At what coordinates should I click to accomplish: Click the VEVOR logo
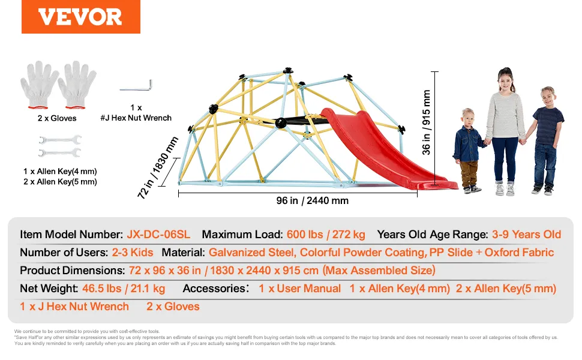[80, 17]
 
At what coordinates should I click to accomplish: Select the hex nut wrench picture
[136, 86]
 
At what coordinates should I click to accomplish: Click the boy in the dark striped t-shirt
[545, 140]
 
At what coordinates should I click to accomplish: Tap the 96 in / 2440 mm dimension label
[312, 201]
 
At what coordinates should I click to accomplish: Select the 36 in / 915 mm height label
[426, 122]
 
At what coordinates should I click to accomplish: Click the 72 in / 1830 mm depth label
[158, 168]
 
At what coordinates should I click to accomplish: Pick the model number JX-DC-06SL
[158, 235]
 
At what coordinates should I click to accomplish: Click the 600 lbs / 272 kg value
[326, 235]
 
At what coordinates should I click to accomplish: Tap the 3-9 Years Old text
[526, 235]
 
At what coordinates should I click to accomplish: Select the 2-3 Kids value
[133, 253]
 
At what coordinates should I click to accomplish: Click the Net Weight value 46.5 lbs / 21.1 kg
[124, 289]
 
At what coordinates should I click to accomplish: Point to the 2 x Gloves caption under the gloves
[57, 118]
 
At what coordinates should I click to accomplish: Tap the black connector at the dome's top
[288, 71]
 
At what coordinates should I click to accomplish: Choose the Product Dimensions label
[72, 271]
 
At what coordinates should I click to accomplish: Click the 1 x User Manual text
[299, 289]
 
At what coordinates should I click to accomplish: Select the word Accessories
[214, 289]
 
